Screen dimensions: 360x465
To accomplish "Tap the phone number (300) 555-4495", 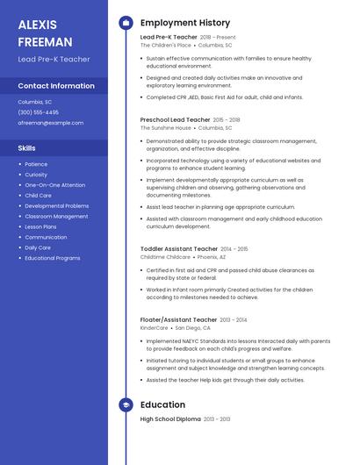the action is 39,112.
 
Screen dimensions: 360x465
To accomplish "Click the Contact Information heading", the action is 56,86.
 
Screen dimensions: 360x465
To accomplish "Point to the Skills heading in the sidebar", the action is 27,148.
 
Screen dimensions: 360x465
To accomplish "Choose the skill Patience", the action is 37,164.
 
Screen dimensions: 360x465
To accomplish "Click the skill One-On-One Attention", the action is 55,185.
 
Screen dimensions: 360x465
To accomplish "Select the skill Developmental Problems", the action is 57,206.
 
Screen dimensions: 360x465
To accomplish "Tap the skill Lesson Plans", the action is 41,226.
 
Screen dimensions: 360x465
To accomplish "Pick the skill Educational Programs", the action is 53,258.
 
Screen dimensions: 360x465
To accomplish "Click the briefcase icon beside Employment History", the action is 126,23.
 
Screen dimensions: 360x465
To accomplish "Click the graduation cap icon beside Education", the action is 126,404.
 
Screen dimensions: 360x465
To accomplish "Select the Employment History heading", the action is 185,23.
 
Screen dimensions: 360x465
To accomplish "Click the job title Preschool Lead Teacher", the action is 175,119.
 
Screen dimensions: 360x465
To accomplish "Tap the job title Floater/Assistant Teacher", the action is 179,320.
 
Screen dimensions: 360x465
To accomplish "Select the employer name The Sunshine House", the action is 166,128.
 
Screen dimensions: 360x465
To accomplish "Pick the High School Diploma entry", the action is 170,420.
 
